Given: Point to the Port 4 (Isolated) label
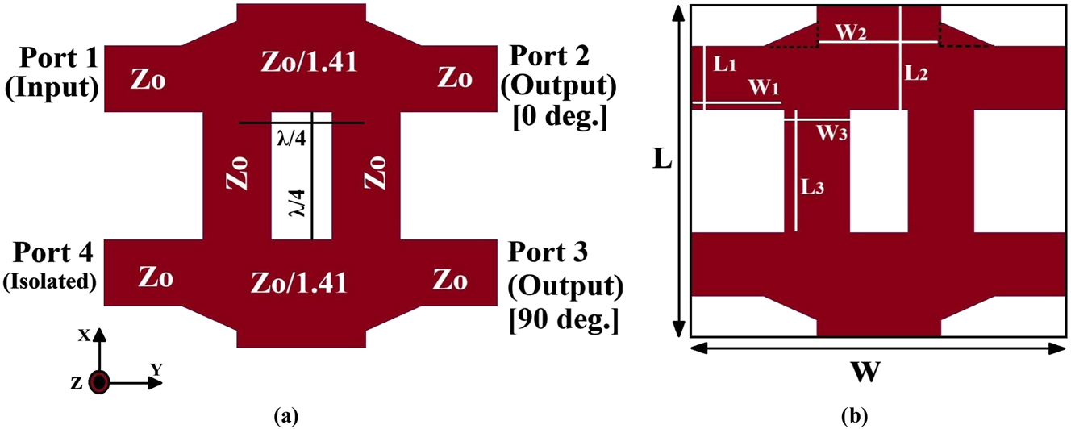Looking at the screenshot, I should pyautogui.click(x=50, y=268).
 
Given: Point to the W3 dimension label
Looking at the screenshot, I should pyautogui.click(x=833, y=133).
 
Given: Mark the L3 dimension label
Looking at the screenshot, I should pyautogui.click(x=811, y=186).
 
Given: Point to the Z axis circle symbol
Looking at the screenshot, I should pyautogui.click(x=98, y=382).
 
